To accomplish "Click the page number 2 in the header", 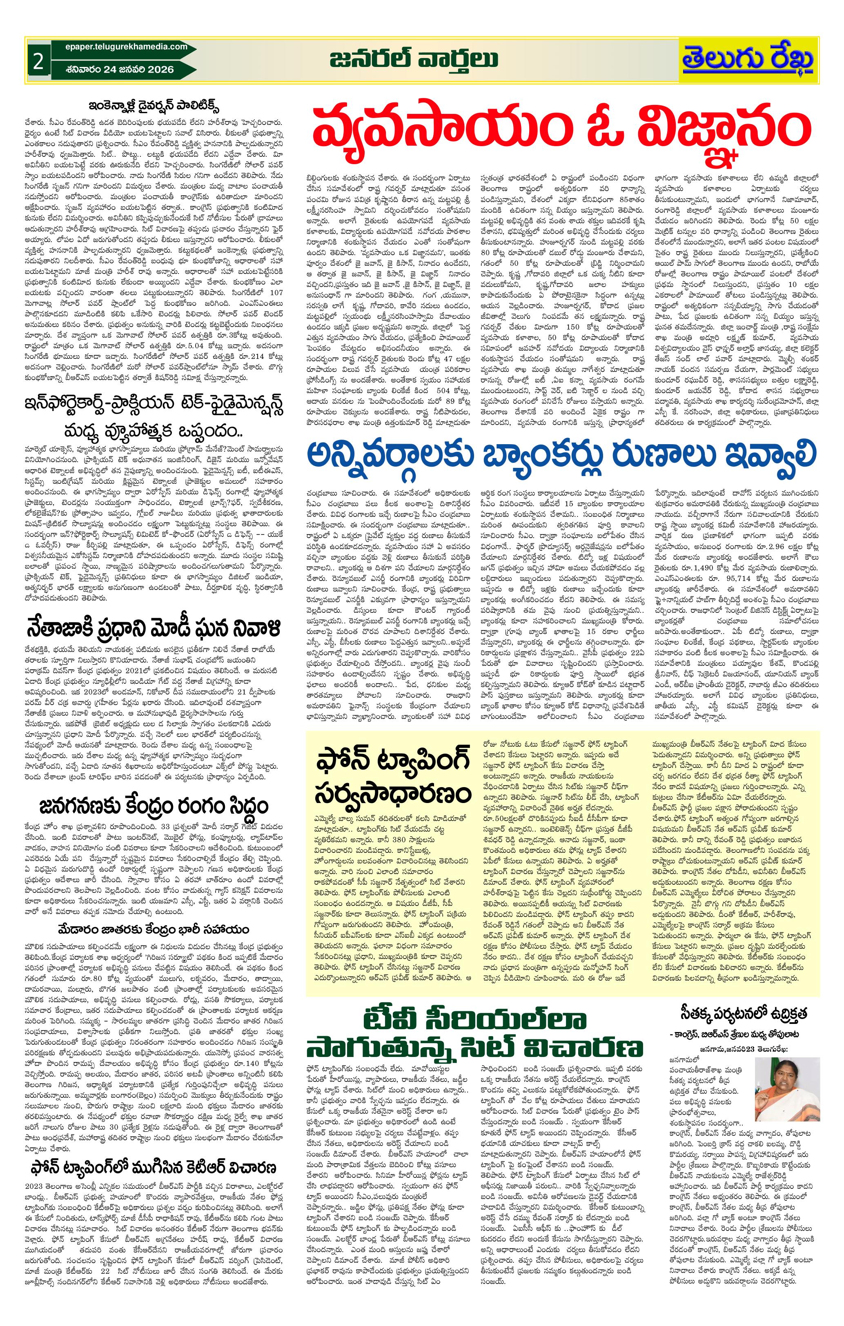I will click(38, 62).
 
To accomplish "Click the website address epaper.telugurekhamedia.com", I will click(118, 47).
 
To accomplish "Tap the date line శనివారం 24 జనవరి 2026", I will click(118, 69).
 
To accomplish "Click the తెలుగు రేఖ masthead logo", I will click(747, 60).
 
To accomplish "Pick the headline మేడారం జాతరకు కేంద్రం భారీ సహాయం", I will click(154, 930).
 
